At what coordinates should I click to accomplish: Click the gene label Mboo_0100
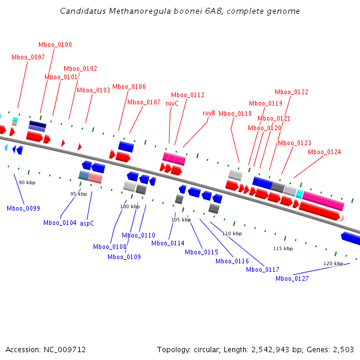click(x=55, y=45)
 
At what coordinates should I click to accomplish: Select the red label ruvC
click(x=172, y=103)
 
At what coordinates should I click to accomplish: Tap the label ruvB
click(x=209, y=113)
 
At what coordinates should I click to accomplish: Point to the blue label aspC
click(x=87, y=223)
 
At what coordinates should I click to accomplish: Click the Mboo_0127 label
click(x=292, y=278)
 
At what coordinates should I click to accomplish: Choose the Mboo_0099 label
click(x=23, y=208)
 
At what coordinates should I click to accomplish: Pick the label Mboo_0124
click(x=325, y=152)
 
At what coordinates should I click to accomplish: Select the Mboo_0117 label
click(x=263, y=269)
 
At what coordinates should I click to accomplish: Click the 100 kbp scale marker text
click(x=130, y=206)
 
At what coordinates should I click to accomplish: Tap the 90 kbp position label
click(x=27, y=182)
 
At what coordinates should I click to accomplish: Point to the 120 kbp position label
click(x=334, y=263)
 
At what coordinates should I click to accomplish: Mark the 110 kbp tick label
click(x=232, y=233)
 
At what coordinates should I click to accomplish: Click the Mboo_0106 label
click(x=129, y=87)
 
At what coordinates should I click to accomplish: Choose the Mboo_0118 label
click(x=235, y=114)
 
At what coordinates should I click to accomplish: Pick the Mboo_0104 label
click(x=60, y=223)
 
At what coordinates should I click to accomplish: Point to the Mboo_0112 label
click(x=188, y=95)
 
